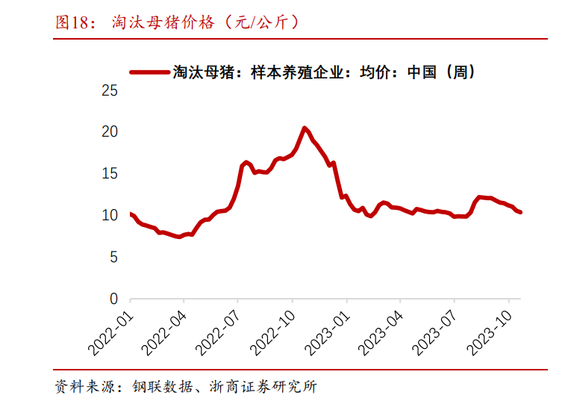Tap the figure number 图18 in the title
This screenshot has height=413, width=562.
73,22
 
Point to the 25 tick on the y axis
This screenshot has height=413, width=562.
110,90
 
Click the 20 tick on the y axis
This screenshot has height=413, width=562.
110,131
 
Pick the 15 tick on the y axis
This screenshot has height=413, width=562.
110,173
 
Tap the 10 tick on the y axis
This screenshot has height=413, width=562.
110,215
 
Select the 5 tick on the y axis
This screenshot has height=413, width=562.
113,257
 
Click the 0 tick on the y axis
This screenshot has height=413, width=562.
113,299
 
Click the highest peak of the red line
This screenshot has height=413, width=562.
305,128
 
